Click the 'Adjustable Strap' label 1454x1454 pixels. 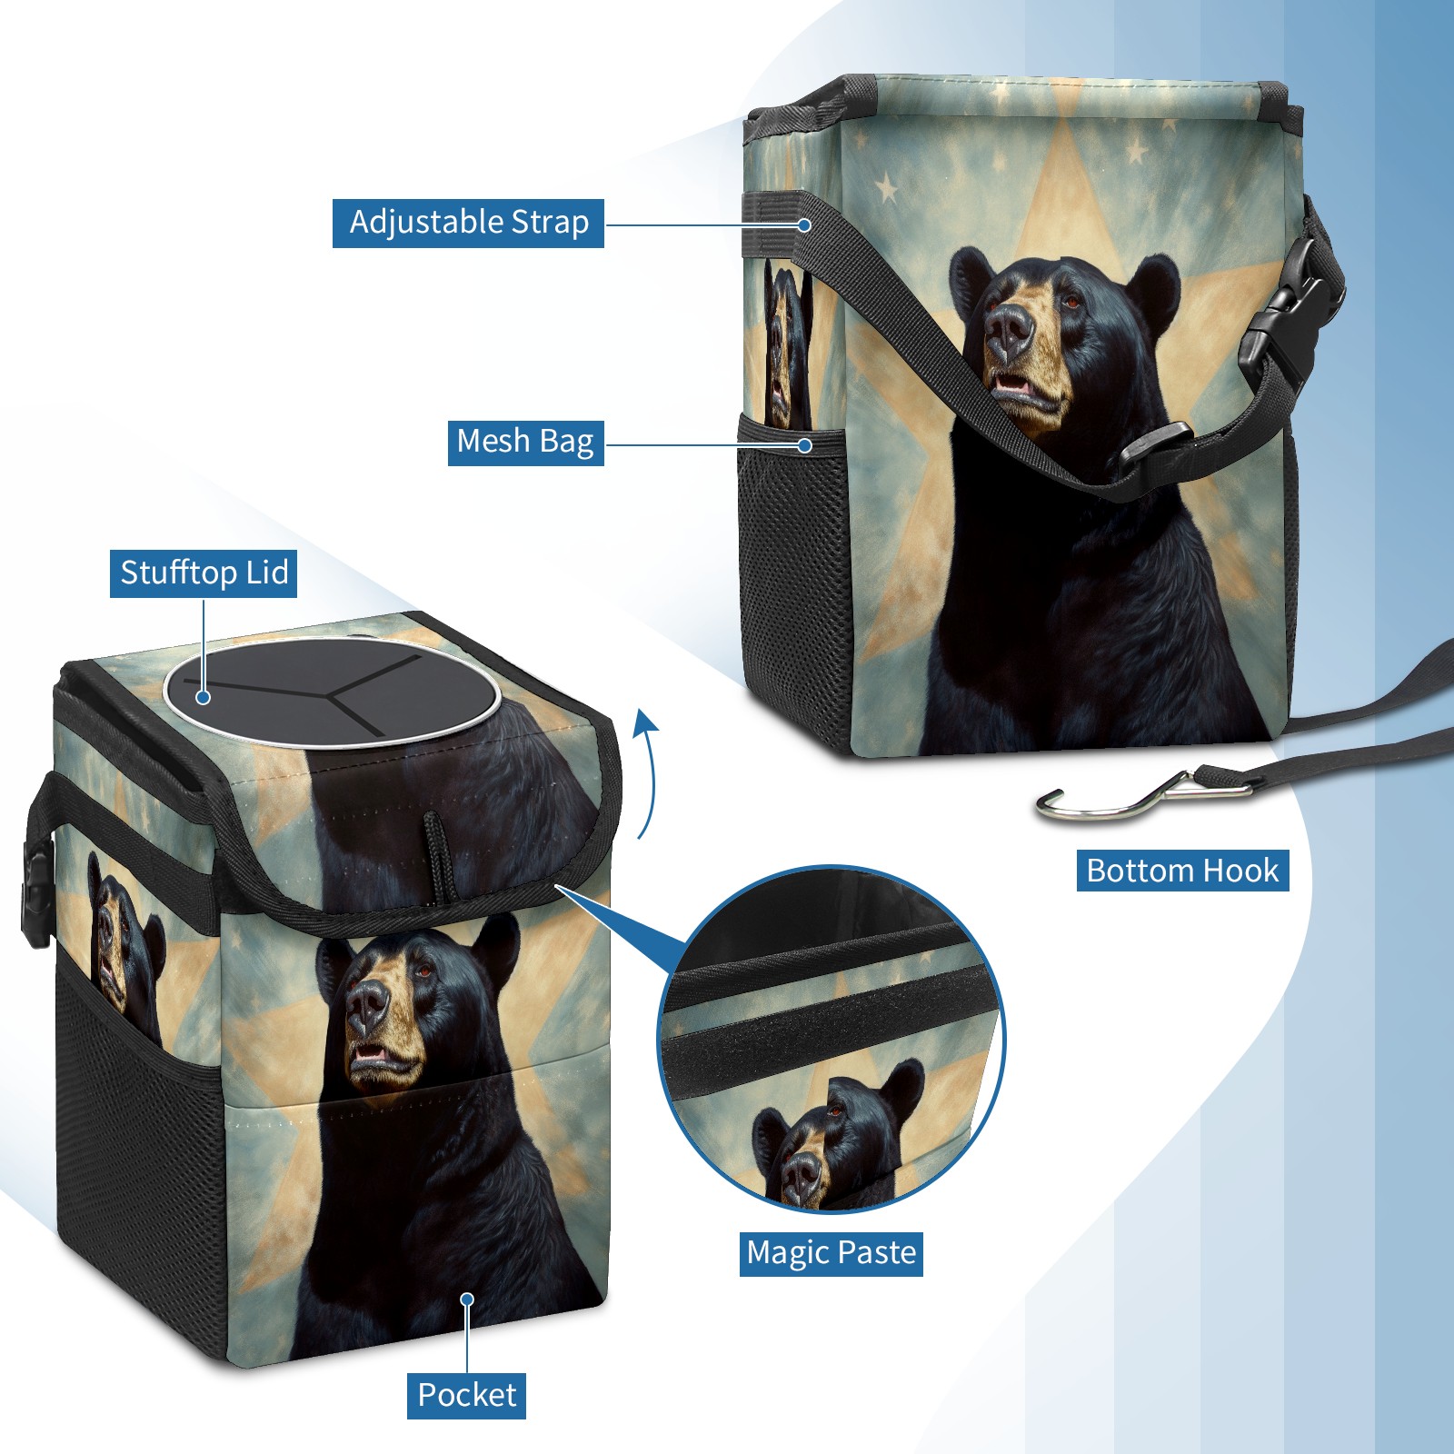(468, 223)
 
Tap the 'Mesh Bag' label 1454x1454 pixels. (525, 442)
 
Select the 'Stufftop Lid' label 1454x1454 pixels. (204, 573)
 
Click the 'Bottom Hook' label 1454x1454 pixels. (1182, 871)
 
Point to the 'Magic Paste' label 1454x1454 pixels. (831, 1253)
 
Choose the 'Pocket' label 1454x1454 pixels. (466, 1395)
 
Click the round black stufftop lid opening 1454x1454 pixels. (332, 692)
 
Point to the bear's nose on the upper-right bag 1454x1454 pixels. (1009, 329)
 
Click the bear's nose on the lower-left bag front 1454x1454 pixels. (368, 1004)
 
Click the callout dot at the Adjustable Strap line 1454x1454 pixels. (804, 224)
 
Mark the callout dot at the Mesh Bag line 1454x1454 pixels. (804, 445)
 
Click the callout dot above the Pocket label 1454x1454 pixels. (467, 1300)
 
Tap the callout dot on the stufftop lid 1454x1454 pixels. (204, 697)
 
